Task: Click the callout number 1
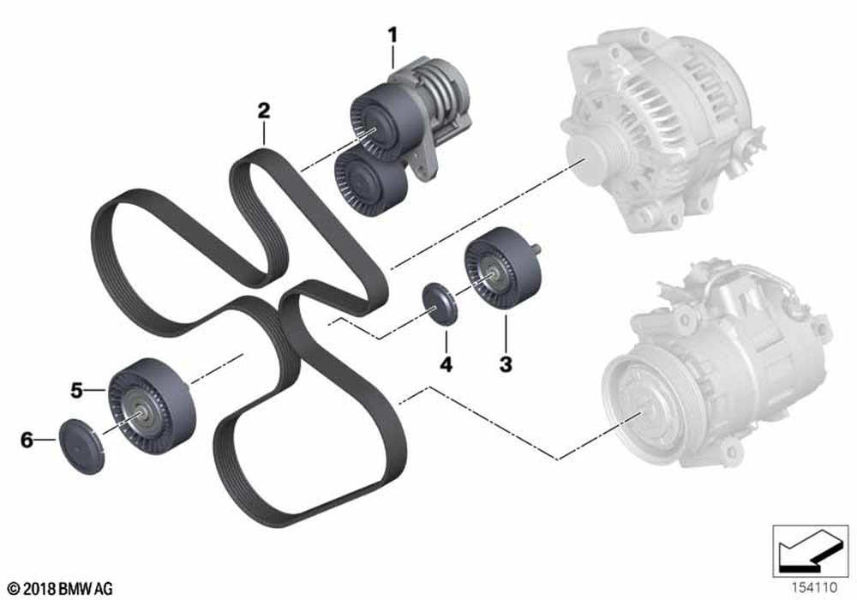(x=393, y=35)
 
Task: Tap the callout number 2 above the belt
(x=264, y=111)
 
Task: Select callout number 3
(x=506, y=363)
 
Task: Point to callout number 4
(x=446, y=364)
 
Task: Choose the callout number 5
(x=76, y=390)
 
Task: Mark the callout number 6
(x=27, y=439)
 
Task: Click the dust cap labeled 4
(x=440, y=303)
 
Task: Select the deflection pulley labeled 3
(x=503, y=270)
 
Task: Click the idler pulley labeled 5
(x=150, y=405)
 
